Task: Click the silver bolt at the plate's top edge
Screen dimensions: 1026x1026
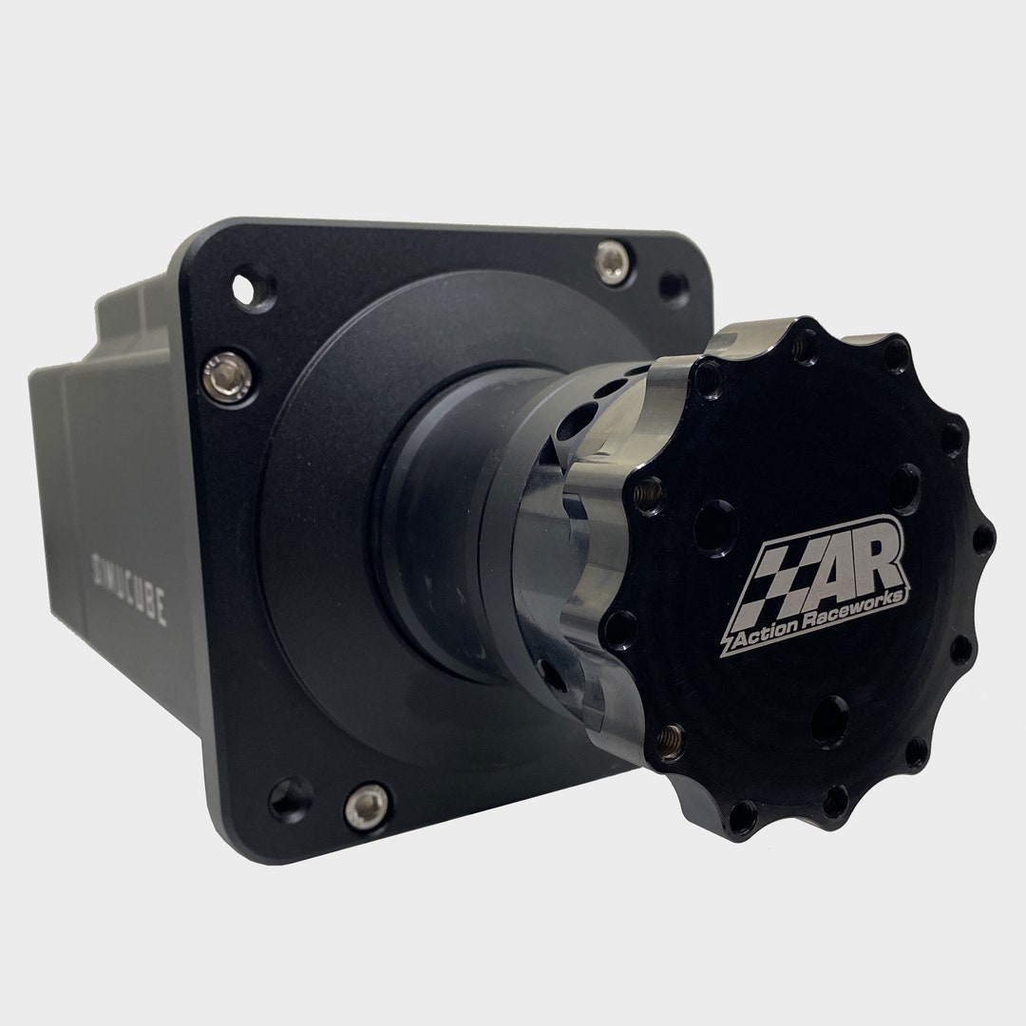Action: click(x=613, y=260)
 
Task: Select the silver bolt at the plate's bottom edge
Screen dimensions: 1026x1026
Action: click(x=367, y=807)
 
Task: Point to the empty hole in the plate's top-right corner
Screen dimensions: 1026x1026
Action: click(x=674, y=285)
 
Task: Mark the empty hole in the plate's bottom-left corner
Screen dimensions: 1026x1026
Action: click(x=290, y=799)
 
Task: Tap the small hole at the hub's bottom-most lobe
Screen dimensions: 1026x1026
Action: click(x=835, y=801)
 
